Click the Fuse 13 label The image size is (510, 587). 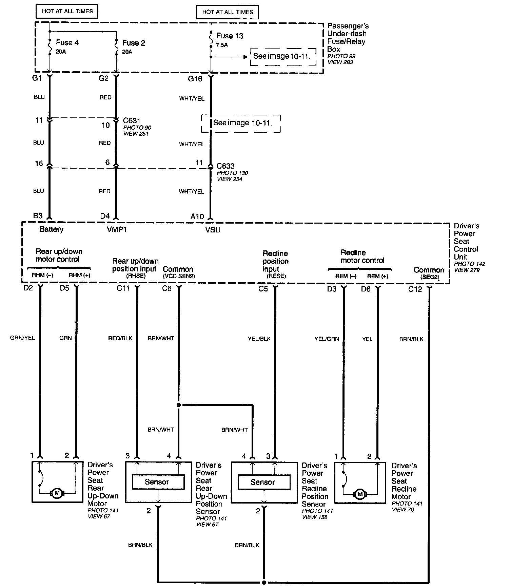click(x=230, y=36)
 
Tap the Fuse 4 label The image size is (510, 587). click(x=67, y=42)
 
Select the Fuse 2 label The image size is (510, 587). click(x=134, y=43)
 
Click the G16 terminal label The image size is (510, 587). click(x=195, y=79)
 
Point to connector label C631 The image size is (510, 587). click(x=132, y=120)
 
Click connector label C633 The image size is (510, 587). click(x=225, y=166)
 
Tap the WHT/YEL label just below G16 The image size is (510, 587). click(x=192, y=99)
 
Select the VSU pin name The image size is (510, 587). click(x=213, y=230)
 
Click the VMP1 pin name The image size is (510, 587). click(x=117, y=230)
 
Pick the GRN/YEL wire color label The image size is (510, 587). click(x=22, y=338)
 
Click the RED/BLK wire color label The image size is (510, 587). click(x=120, y=338)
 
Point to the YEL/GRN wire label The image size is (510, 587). click(x=327, y=339)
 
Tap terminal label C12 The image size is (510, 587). click(x=415, y=289)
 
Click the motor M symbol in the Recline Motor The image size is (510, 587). click(x=360, y=494)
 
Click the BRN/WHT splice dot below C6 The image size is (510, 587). click(x=179, y=405)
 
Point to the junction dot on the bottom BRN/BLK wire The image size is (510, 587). click(x=264, y=582)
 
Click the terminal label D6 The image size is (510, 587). click(x=366, y=289)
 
